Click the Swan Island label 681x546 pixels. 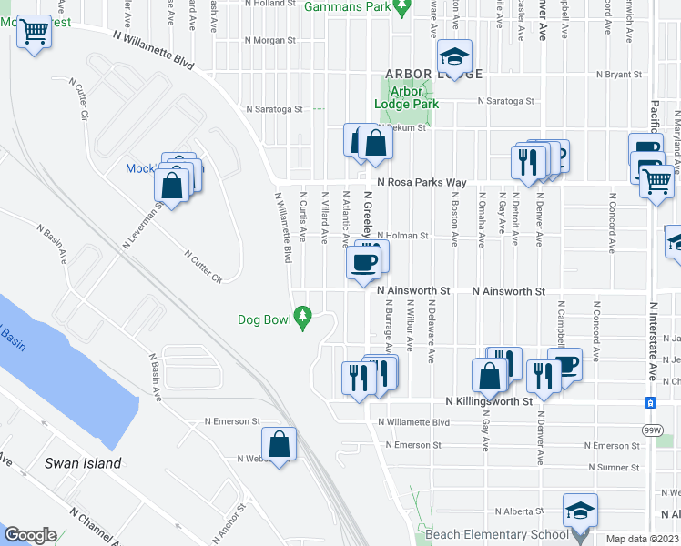(83, 463)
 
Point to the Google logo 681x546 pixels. (30, 535)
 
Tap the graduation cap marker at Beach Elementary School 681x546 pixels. (580, 511)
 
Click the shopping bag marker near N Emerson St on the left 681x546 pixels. (281, 445)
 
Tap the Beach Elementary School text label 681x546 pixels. (489, 535)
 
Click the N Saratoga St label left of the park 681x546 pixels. (274, 109)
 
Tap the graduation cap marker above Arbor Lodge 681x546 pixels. (452, 57)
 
